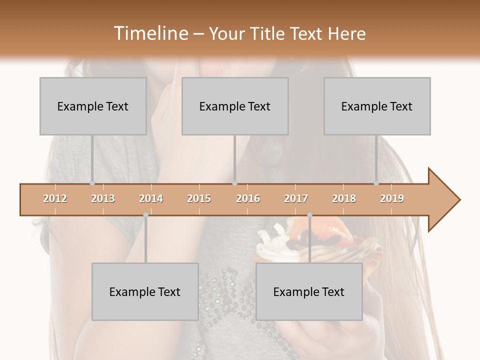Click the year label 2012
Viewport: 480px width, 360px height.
coord(55,198)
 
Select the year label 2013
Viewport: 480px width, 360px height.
coord(103,198)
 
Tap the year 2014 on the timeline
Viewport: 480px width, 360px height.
coord(151,198)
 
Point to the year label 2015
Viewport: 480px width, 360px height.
coord(199,198)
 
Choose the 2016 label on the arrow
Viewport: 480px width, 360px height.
coord(248,198)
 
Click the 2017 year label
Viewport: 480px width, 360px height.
coord(296,198)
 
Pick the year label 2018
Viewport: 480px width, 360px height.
coord(344,198)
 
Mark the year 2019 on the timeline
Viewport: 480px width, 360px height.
coord(392,198)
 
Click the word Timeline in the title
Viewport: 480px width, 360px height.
coord(149,33)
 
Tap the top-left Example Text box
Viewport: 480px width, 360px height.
coord(93,106)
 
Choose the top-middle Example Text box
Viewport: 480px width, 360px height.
coord(235,106)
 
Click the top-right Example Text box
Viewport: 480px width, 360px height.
coord(377,106)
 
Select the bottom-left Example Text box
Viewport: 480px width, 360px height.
coord(145,291)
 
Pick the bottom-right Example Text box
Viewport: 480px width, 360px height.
coord(309,291)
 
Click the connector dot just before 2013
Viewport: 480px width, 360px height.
coord(92,183)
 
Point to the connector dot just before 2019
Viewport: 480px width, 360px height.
coord(376,183)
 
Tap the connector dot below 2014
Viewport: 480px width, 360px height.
coord(145,215)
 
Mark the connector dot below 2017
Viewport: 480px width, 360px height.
coord(309,215)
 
